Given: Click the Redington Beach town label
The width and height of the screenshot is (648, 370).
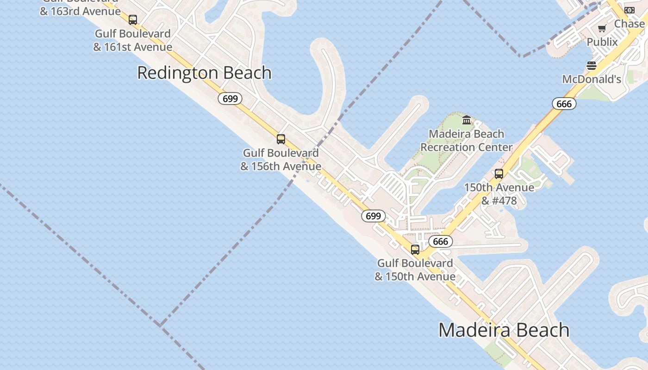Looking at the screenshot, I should tap(204, 73).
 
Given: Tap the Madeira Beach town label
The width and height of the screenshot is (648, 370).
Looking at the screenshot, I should tap(504, 330).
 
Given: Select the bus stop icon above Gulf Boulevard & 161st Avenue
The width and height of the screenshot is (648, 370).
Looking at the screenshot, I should tap(133, 20).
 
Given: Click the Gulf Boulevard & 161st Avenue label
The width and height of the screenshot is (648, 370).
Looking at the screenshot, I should tap(133, 40).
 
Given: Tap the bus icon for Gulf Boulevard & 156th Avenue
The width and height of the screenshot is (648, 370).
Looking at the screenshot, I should tap(280, 139).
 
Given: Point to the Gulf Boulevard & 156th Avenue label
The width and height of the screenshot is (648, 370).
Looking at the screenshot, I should tap(280, 160).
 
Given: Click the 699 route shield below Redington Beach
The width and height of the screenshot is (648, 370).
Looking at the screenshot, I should tap(230, 99).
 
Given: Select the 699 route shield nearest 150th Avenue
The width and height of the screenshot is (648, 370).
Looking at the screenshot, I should tap(373, 216).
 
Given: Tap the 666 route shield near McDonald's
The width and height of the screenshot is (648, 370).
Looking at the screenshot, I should tap(564, 104).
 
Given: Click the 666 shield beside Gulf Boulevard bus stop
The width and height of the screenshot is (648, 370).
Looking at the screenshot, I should tap(440, 241).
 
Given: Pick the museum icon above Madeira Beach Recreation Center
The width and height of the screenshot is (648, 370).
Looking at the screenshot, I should tap(467, 120).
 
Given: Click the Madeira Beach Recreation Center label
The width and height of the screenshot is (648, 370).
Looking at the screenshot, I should tap(466, 141).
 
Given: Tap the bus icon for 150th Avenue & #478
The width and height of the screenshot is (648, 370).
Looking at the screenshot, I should tap(499, 174).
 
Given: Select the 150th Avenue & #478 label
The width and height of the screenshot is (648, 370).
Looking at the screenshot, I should tap(499, 194).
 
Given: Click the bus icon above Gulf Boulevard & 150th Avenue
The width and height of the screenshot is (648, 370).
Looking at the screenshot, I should tap(415, 250).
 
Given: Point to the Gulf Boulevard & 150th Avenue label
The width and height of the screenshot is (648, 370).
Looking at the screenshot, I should tap(415, 270).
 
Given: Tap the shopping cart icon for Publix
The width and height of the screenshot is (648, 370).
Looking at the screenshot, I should tap(602, 29).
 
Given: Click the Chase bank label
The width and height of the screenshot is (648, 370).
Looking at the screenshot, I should tap(629, 24).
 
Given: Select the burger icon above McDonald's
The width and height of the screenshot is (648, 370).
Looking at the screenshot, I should tap(592, 66).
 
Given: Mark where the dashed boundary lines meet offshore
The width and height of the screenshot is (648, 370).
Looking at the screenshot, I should tap(161, 325).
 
